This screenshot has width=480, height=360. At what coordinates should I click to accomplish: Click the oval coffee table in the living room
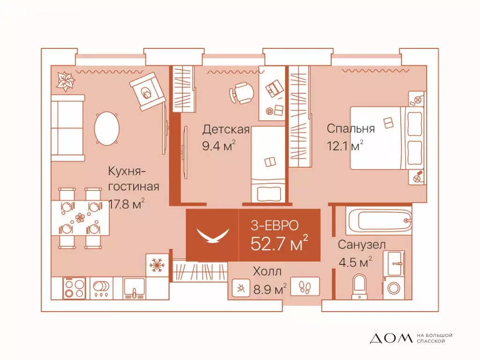point(107,128)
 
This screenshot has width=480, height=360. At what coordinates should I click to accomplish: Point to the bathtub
point(379,221)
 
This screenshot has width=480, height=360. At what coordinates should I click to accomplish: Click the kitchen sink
point(134,288)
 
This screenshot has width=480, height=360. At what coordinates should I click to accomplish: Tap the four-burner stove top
point(74,288)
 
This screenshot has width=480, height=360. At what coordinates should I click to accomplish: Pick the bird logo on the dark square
point(212,234)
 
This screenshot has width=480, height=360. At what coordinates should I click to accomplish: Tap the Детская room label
point(225,130)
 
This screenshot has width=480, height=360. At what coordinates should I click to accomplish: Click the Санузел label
point(362,245)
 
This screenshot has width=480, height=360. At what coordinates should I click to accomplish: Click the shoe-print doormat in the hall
point(305,286)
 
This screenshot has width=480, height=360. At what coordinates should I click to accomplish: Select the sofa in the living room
point(68,127)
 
